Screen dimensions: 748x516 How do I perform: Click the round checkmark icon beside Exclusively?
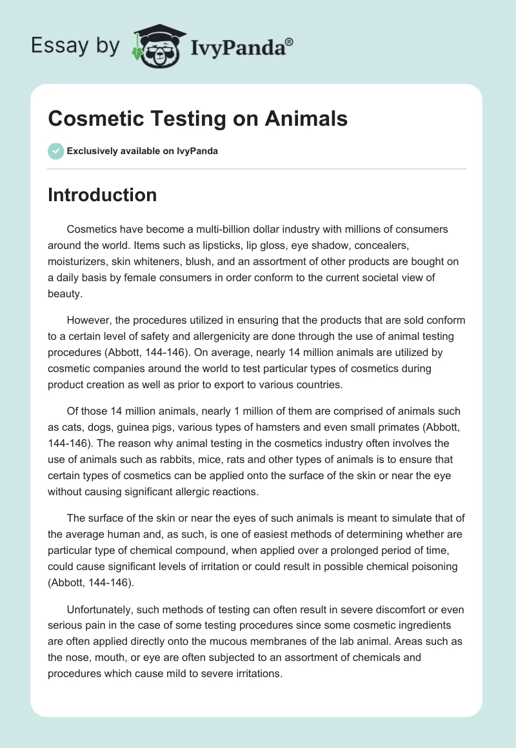coord(55,151)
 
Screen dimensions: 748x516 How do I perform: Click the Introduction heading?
coord(102,195)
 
